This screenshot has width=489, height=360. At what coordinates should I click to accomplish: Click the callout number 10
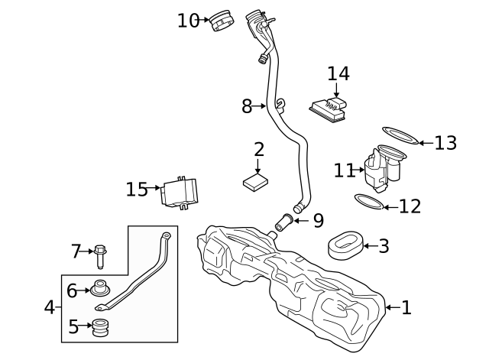[188, 21]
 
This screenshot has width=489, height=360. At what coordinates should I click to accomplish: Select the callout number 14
[338, 74]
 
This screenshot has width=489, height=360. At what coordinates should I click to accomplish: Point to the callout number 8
[247, 106]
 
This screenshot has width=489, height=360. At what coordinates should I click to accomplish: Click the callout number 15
[137, 188]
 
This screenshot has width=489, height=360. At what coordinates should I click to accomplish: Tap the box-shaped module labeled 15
[180, 191]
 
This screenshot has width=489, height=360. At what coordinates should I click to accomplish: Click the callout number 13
[445, 143]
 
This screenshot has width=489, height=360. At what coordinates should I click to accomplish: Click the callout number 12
[410, 206]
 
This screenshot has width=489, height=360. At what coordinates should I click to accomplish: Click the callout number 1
[406, 308]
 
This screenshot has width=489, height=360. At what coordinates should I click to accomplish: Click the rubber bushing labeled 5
[100, 328]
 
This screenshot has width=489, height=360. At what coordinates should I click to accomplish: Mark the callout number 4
[50, 308]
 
